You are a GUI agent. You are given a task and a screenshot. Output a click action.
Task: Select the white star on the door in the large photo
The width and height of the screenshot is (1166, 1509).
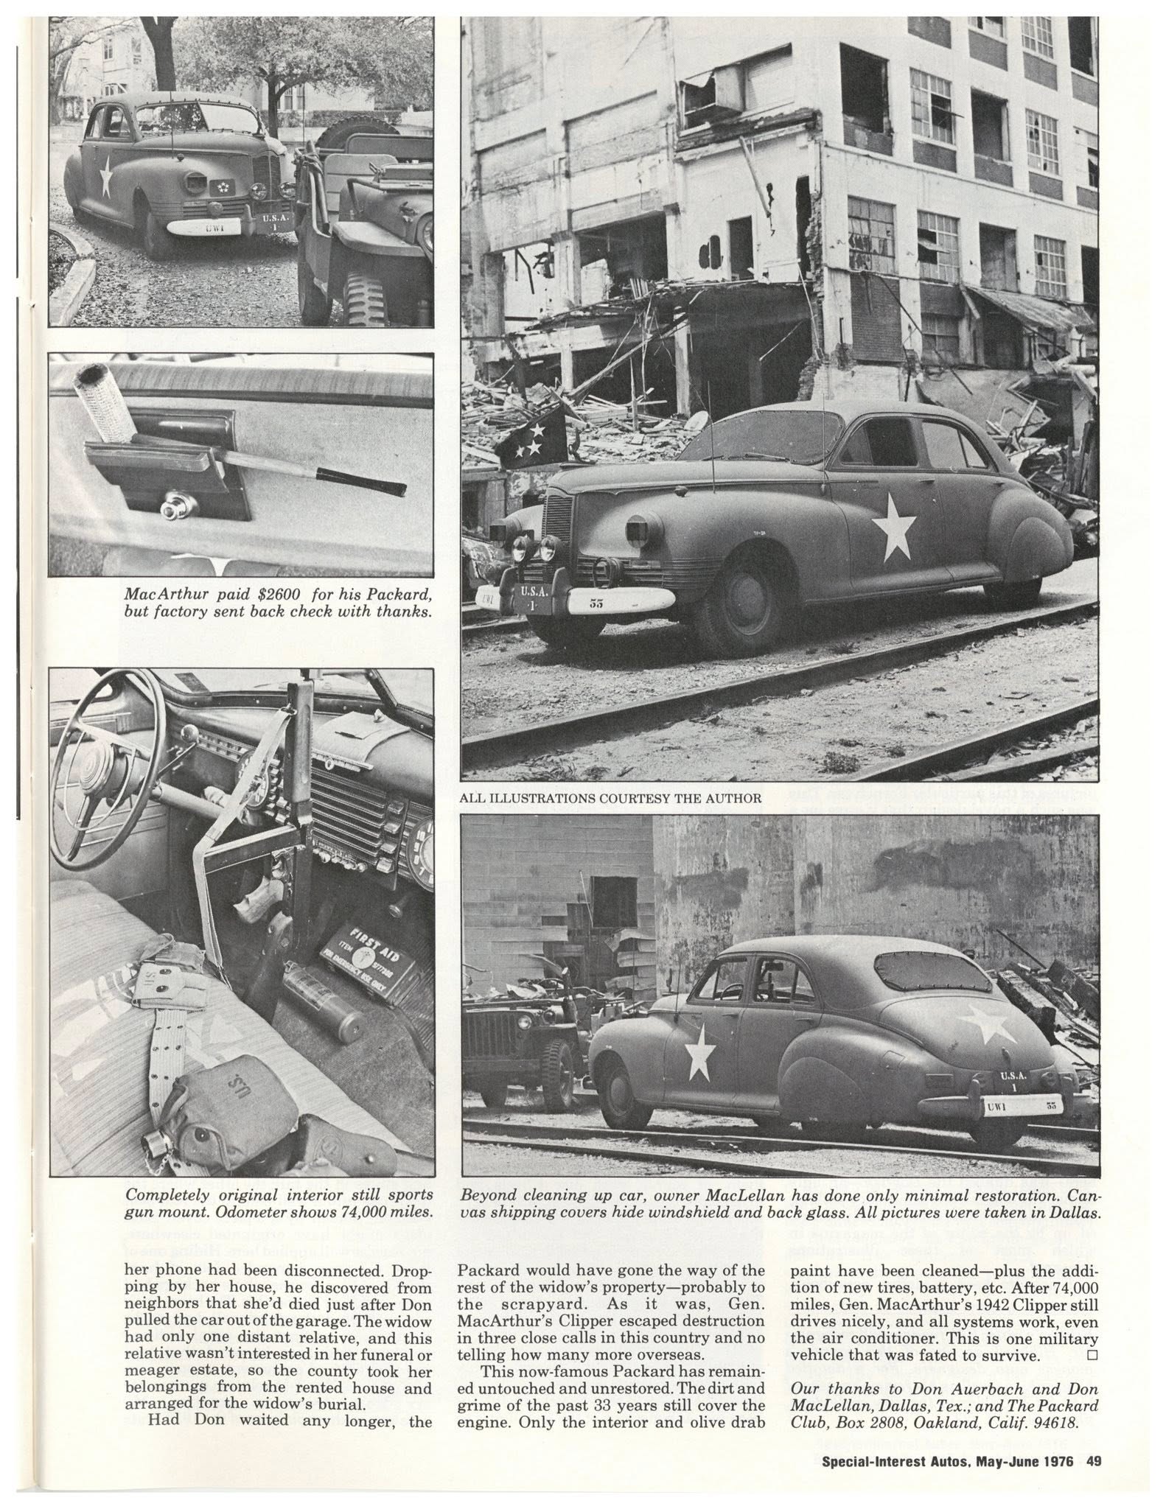point(894,526)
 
